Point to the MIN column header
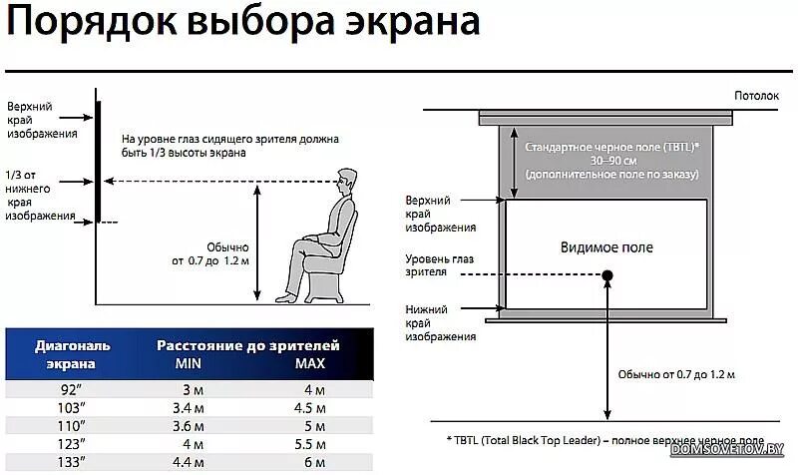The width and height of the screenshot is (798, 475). pos(189,364)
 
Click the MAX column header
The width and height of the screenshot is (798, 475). pos(309,364)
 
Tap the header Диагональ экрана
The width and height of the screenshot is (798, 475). pos(72,354)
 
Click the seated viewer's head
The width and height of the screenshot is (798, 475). pos(345,184)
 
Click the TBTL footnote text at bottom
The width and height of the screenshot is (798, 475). pos(604,439)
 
